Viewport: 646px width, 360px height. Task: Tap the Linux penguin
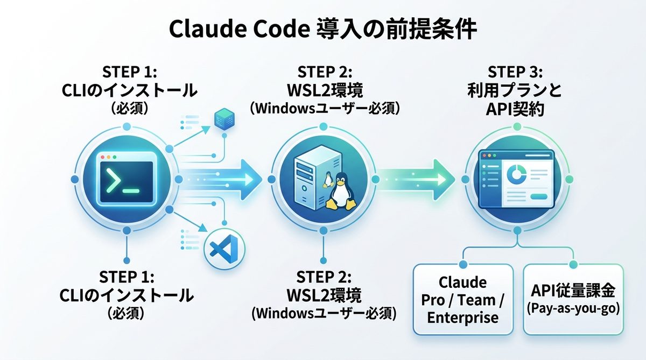click(340, 190)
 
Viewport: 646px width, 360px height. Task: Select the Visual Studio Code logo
click(224, 249)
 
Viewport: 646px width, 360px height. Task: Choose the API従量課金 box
click(573, 299)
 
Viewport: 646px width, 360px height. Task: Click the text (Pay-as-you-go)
click(573, 310)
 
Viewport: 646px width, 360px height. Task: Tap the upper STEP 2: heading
click(324, 72)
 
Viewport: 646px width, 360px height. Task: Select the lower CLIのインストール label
click(127, 295)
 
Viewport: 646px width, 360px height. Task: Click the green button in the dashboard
click(538, 197)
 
